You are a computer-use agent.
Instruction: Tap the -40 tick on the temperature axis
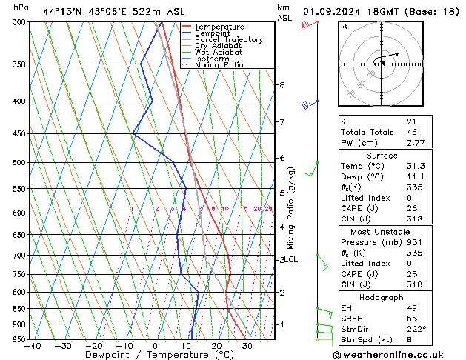click(x=32, y=345)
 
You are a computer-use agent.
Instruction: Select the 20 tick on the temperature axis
click(x=216, y=345)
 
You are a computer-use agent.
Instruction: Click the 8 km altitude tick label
click(x=282, y=85)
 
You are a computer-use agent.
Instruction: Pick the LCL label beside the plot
click(x=290, y=260)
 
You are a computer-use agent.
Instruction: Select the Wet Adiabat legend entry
click(x=219, y=53)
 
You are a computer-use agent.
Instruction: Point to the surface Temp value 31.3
click(x=415, y=167)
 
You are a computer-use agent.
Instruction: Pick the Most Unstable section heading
click(x=382, y=231)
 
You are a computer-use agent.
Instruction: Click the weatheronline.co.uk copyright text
click(x=398, y=354)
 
